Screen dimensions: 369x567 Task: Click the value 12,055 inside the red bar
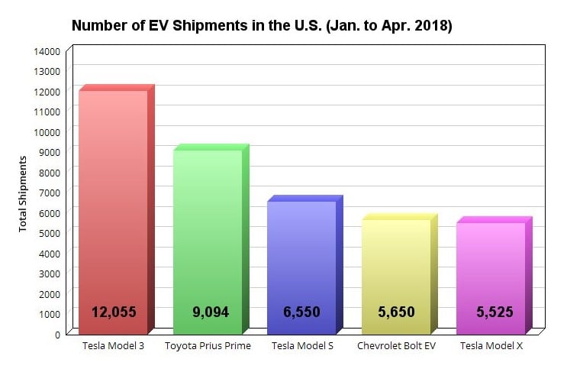pos(114,312)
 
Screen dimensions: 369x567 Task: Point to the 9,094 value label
pos(208,312)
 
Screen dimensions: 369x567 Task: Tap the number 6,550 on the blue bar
pos(301,312)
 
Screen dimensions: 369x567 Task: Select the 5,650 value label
pos(396,312)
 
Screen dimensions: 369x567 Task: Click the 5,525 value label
pos(491,312)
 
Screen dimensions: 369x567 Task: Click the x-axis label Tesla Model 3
pos(113,346)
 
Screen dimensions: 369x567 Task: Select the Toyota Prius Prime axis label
pos(208,346)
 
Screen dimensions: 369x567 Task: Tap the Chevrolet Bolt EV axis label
pos(396,346)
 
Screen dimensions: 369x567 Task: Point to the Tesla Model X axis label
pos(491,346)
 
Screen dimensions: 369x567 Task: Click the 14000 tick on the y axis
pos(47,51)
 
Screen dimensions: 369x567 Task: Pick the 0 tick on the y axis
pos(56,334)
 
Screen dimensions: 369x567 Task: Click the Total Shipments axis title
pos(23,193)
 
